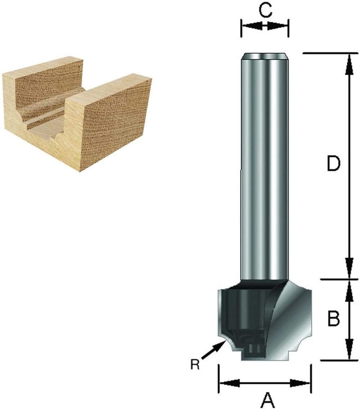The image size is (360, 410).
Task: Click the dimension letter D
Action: (x=334, y=164)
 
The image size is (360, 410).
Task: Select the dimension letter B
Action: (x=334, y=318)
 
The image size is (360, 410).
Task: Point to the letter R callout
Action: (x=195, y=364)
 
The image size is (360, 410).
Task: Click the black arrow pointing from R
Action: (x=213, y=351)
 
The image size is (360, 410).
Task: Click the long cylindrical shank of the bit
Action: (x=265, y=167)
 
